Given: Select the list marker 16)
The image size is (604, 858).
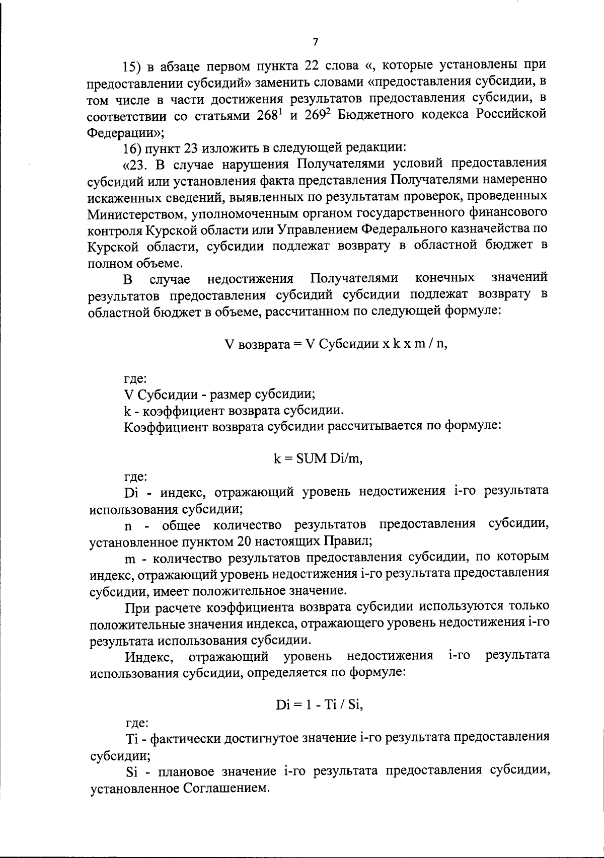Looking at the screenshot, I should (134, 148).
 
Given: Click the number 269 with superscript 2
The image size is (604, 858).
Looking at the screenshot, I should (317, 115).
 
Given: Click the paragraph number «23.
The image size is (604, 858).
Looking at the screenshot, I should (136, 165).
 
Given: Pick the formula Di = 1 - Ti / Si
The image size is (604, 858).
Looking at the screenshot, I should (319, 705).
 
